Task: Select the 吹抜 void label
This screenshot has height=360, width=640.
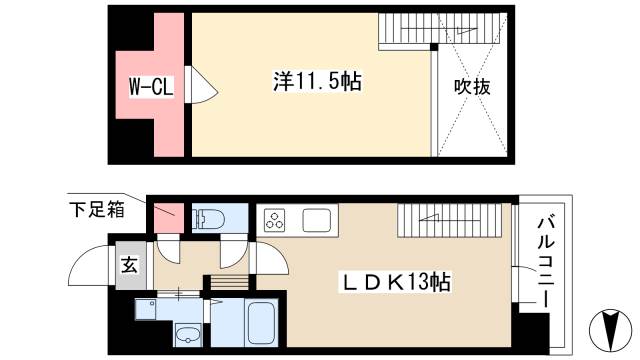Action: pyautogui.click(x=472, y=87)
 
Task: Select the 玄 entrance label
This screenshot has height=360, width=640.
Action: pyautogui.click(x=130, y=266)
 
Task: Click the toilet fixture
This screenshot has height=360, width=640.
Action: pyautogui.click(x=208, y=218)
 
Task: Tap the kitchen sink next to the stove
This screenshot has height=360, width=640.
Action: pyautogui.click(x=316, y=219)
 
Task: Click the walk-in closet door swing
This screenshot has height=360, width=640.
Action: pyautogui.click(x=199, y=87)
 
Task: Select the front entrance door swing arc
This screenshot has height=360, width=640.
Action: pyautogui.click(x=88, y=267)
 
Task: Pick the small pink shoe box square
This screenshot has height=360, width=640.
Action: pyautogui.click(x=167, y=213)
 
